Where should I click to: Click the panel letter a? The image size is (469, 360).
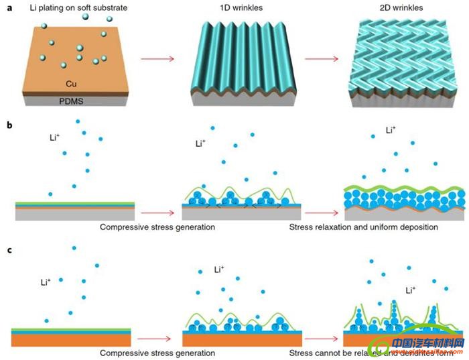[x=8, y=9]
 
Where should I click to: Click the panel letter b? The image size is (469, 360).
[x=8, y=125]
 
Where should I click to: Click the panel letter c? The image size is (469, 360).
[x=8, y=250]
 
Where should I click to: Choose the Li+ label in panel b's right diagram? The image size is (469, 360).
[x=391, y=131]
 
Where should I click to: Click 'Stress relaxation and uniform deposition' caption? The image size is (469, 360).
[x=364, y=227]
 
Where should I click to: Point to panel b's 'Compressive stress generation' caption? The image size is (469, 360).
[x=157, y=227]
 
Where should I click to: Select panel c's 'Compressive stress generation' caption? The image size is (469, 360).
[x=157, y=353]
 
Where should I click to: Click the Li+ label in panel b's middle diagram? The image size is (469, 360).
[x=200, y=143]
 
